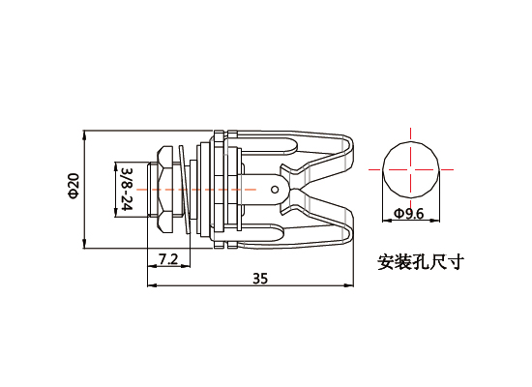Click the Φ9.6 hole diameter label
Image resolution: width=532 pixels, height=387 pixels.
pos(409,213)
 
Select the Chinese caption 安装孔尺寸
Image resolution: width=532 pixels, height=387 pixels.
pos(421,261)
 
